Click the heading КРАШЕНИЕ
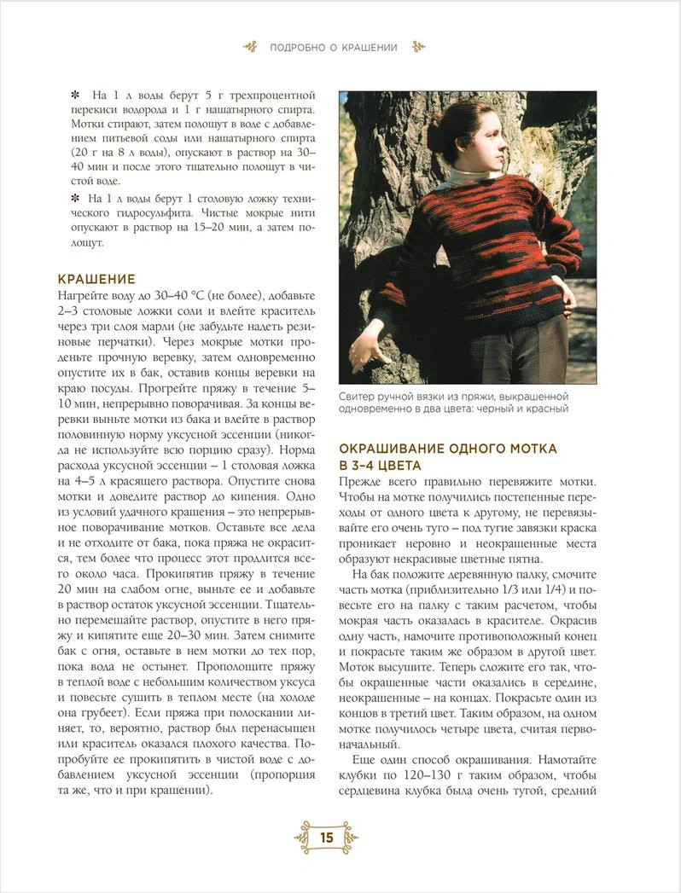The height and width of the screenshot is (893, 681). pyautogui.click(x=96, y=279)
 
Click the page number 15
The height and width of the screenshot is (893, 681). pyautogui.click(x=326, y=837)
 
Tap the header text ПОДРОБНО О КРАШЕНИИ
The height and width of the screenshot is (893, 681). pyautogui.click(x=333, y=48)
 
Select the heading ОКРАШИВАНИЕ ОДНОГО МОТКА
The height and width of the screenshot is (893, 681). pyautogui.click(x=448, y=449)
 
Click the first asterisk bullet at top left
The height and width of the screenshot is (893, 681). pyautogui.click(x=74, y=94)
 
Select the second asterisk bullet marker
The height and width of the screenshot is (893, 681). pyautogui.click(x=74, y=199)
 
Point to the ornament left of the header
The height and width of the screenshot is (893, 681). pyautogui.click(x=248, y=48)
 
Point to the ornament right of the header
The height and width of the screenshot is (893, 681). pyautogui.click(x=418, y=48)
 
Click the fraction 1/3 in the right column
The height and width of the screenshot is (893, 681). pyautogui.click(x=517, y=592)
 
